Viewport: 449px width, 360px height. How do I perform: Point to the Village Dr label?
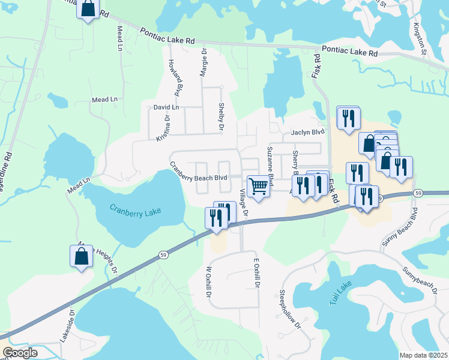(x=244, y=202)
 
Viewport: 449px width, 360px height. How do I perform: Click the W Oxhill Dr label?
(x=209, y=284)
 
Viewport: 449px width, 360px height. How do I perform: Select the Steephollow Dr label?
(x=289, y=309)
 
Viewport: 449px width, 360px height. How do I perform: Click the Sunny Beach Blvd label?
(x=408, y=229)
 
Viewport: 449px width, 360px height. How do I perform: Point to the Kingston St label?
(x=419, y=38)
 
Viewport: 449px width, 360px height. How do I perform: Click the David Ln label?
(x=166, y=107)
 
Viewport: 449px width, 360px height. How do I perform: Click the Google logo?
(x=20, y=353)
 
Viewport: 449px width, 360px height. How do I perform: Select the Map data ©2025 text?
(x=423, y=355)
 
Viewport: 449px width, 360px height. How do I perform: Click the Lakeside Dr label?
(x=67, y=326)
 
